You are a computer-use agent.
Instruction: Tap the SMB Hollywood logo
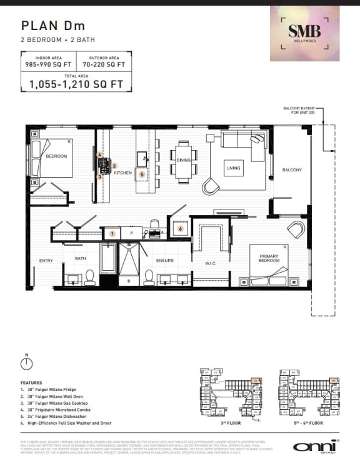304,33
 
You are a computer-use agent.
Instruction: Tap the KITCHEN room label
123,172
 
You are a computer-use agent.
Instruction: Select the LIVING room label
234,168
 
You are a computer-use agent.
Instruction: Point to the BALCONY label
292,170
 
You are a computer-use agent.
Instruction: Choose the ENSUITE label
165,261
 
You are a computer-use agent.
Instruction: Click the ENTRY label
46,261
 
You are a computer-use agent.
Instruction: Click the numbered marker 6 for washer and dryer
181,229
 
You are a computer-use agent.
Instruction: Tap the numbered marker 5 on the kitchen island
142,175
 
